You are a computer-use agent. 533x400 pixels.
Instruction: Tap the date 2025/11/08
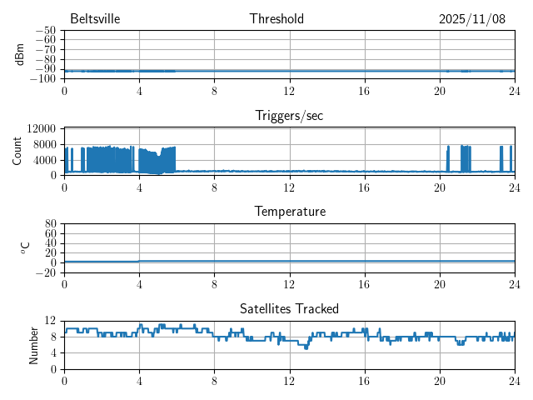(x=472, y=19)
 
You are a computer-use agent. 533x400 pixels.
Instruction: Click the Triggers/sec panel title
(x=289, y=116)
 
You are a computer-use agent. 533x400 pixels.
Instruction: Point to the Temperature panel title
(x=289, y=212)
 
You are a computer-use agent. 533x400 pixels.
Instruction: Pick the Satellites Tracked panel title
(x=289, y=309)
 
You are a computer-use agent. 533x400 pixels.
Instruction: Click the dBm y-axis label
(x=19, y=54)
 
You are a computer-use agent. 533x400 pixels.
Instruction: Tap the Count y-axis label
(x=17, y=152)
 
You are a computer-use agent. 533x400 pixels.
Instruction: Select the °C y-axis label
(x=26, y=248)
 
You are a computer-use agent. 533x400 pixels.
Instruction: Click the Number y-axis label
(x=34, y=345)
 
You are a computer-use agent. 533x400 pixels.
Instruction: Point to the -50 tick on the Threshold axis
(x=45, y=31)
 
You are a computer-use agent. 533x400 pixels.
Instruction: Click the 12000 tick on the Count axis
(x=42, y=128)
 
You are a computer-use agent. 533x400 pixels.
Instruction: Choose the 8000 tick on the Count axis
(x=45, y=143)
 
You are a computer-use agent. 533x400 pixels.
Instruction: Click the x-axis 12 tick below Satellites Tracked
(x=289, y=380)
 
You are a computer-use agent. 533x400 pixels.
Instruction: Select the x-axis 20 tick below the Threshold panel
(x=439, y=90)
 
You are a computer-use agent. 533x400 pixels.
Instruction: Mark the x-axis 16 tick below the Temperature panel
(x=364, y=283)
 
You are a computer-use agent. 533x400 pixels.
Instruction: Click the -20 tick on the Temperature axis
(x=45, y=272)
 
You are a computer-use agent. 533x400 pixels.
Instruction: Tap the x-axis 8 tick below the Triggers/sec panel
(x=214, y=187)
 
